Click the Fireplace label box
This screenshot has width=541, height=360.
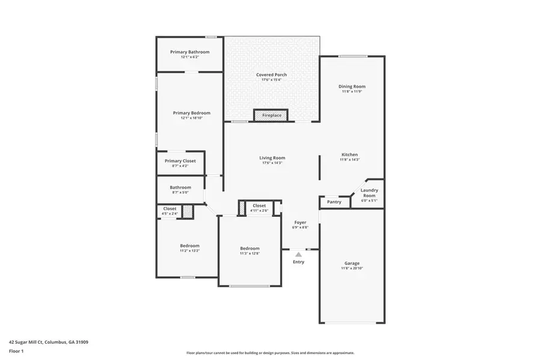coord(271,115)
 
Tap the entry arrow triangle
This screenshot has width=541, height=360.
coord(298,255)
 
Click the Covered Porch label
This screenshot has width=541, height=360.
coord(271,75)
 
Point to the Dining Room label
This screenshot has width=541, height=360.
coord(352,87)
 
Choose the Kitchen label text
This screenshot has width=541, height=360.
coord(349,154)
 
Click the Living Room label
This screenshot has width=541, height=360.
coord(272,158)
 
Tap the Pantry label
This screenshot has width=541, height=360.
coord(334,202)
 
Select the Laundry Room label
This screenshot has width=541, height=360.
coord(369,193)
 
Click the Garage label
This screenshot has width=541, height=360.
coord(352,263)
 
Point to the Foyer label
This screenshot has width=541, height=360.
coord(300,222)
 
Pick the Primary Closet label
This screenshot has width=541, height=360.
coord(181,161)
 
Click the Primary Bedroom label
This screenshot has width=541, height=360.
coord(192,113)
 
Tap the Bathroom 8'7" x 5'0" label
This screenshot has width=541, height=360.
coord(180,188)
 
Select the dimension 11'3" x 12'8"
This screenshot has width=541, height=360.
coord(249,254)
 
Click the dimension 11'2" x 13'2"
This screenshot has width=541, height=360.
coord(189,251)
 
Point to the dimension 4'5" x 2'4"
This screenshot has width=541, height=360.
coord(170,214)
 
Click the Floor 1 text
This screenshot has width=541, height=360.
coord(16,350)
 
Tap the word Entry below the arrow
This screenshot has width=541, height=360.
coord(298,262)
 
